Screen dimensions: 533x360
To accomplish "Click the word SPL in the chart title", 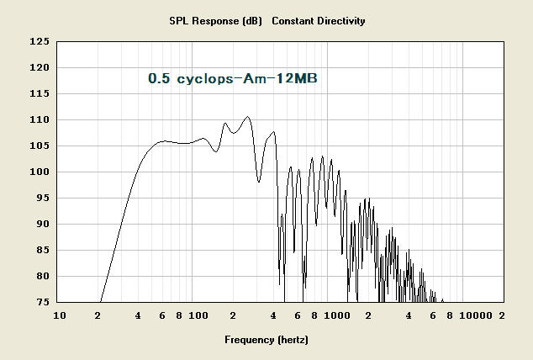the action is tap(179, 21).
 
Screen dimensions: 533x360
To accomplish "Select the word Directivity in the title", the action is tap(341, 21).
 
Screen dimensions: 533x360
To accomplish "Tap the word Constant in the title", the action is tap(293, 21).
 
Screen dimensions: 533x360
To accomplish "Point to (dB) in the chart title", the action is tap(252, 21).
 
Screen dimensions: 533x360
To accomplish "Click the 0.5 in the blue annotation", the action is tap(159, 78).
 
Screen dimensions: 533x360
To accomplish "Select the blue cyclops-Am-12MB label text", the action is tap(247, 78).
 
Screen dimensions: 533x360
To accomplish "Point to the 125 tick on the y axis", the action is tap(40, 41).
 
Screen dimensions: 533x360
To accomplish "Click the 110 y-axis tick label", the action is tap(40, 119).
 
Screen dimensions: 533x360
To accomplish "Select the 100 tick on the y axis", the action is tap(40, 172).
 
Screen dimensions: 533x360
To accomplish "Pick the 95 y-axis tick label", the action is tap(43, 198).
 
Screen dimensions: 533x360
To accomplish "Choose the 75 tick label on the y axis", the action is tap(43, 302).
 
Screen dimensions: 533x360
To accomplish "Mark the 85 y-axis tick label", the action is tap(43, 250).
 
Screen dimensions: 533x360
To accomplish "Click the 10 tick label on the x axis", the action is tap(60, 315).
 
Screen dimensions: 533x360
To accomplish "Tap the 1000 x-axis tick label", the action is tap(337, 315).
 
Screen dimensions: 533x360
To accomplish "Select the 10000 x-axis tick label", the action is tap(476, 315).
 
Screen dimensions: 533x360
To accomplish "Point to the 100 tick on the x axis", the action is tap(198, 315).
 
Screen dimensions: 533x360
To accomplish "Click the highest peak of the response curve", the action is tap(247, 117).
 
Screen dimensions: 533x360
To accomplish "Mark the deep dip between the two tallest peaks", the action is tap(259, 182).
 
